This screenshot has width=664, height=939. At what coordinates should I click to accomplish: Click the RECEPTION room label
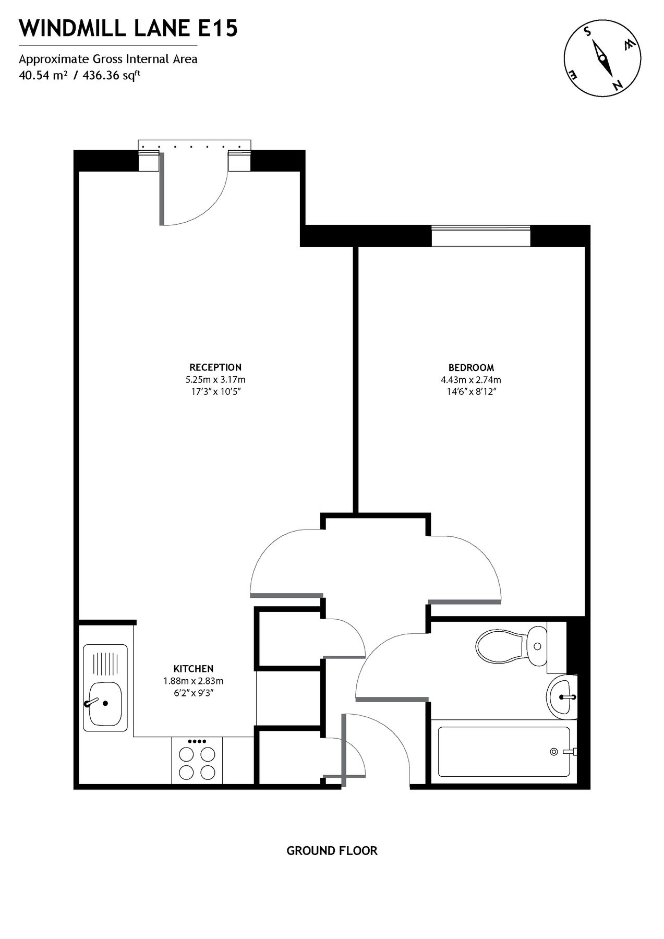point(215,367)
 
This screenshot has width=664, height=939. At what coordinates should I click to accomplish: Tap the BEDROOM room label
point(471,367)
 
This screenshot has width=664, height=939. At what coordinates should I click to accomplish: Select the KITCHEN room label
point(193,669)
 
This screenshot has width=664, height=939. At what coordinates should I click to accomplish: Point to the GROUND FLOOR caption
point(332,851)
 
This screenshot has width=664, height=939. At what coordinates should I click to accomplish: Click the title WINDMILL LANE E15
point(128,29)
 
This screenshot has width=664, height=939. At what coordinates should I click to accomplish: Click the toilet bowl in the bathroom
point(500,646)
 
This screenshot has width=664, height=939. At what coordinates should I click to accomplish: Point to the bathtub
point(504,751)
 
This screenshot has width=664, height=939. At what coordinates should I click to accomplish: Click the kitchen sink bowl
point(105,704)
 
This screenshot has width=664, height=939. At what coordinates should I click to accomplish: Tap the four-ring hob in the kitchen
point(197,763)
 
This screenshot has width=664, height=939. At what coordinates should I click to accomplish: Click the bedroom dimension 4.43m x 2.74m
point(471,380)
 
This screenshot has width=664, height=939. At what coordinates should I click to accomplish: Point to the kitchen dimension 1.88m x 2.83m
point(194,681)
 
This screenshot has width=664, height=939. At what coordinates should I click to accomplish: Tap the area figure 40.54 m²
point(43,75)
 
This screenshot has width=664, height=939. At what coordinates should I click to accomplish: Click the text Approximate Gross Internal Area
point(108,59)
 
